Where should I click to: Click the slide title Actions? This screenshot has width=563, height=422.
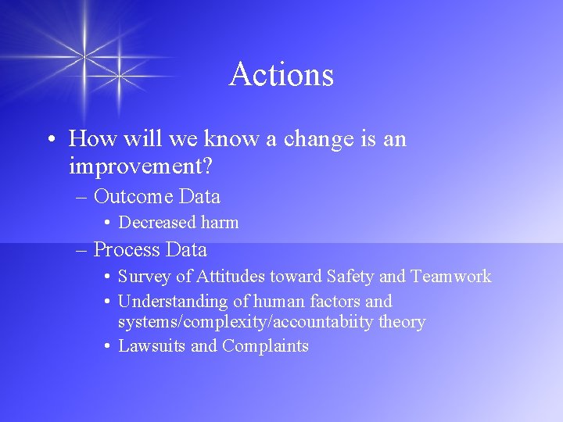pyautogui.click(x=281, y=75)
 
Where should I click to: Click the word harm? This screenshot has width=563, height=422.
pyautogui.click(x=219, y=223)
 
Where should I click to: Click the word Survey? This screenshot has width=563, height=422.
pyautogui.click(x=142, y=277)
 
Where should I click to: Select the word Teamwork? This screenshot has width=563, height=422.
pyautogui.click(x=452, y=277)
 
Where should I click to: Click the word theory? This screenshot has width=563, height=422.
pyautogui.click(x=401, y=322)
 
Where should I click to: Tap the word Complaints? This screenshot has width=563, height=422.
pyautogui.click(x=265, y=346)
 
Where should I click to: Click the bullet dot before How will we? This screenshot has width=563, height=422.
pyautogui.click(x=50, y=140)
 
